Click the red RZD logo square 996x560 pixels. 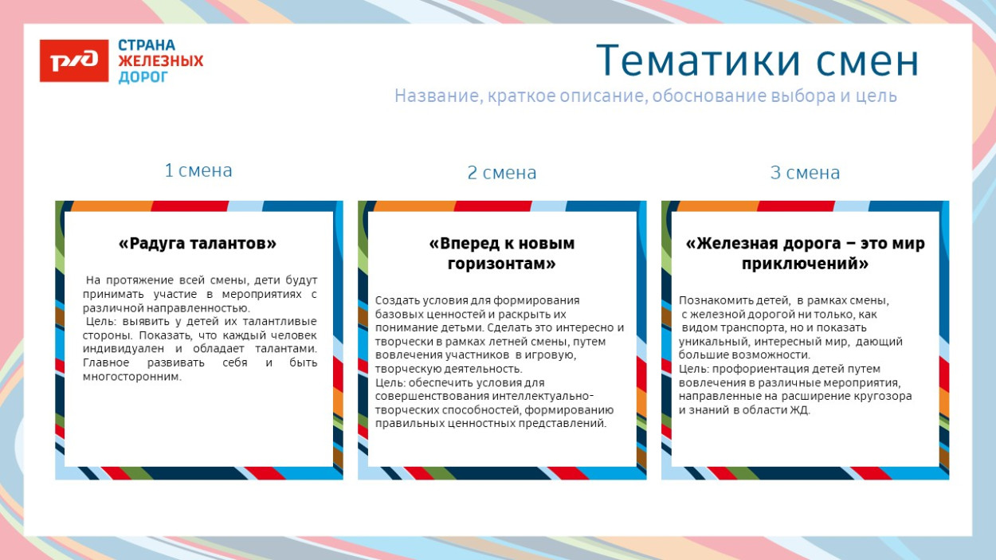pos(74,61)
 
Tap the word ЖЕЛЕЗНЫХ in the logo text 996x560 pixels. pos(161,61)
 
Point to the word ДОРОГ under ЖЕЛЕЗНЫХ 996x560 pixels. pos(143,77)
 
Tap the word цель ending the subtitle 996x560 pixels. pos(878,96)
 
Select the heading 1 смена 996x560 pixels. pos(198,170)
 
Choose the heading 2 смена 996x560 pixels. pos(502,173)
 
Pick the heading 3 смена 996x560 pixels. pos(805,173)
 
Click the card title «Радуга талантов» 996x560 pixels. pos(198,244)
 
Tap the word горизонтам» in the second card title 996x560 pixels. pos(502,263)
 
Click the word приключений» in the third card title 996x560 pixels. pos(805,263)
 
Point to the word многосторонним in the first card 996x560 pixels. pos(131,377)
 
